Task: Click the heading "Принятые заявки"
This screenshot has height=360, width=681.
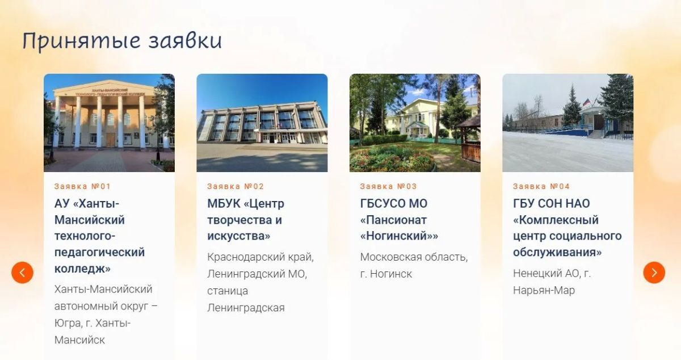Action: pyautogui.click(x=122, y=41)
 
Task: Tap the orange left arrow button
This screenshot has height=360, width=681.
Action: pyautogui.click(x=23, y=273)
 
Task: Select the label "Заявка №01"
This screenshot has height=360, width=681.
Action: pyautogui.click(x=82, y=186)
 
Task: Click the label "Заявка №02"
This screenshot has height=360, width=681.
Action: pyautogui.click(x=236, y=186)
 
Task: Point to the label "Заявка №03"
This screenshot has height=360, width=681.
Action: pyautogui.click(x=388, y=186)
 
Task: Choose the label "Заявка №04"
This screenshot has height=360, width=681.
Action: pyautogui.click(x=541, y=186)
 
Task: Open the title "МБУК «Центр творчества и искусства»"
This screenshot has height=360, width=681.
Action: pyautogui.click(x=246, y=220)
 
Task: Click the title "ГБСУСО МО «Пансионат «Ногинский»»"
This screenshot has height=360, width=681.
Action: pyautogui.click(x=399, y=220)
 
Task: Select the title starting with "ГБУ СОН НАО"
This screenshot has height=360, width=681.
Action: pyautogui.click(x=567, y=228)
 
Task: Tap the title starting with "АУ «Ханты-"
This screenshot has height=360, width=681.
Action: pyautogui.click(x=99, y=236)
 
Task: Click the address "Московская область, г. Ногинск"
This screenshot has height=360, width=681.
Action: pyautogui.click(x=414, y=265)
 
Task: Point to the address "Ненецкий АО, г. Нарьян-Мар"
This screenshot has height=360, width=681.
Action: pyautogui.click(x=552, y=282)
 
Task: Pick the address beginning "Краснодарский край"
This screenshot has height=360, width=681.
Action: pyautogui.click(x=260, y=282)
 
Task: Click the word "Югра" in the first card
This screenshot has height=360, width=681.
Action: pyautogui.click(x=68, y=323)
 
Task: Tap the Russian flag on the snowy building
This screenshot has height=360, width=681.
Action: pyautogui.click(x=586, y=102)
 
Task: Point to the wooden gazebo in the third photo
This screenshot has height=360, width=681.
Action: pyautogui.click(x=468, y=139)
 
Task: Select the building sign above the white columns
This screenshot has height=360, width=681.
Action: pyautogui.click(x=110, y=92)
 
